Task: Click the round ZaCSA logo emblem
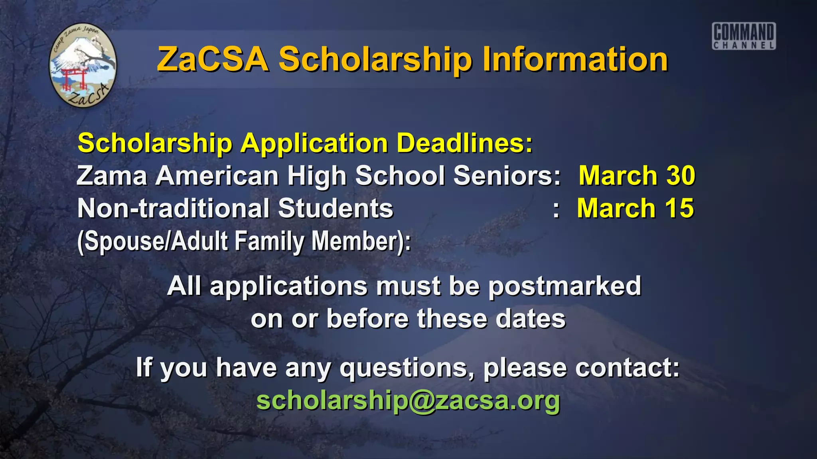pyautogui.click(x=83, y=65)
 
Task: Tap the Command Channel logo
pyautogui.click(x=744, y=36)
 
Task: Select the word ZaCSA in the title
pyautogui.click(x=212, y=59)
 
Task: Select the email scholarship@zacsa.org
pyautogui.click(x=408, y=400)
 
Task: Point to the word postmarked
pyautogui.click(x=564, y=286)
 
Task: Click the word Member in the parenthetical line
pyautogui.click(x=361, y=241)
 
